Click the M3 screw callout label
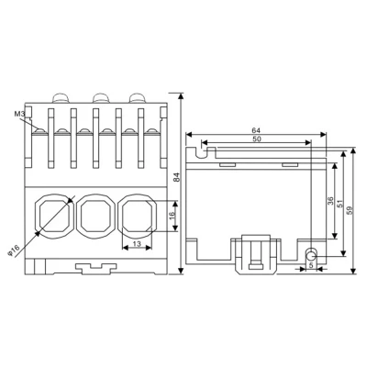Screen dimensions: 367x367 click(19, 115)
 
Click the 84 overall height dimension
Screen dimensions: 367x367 click(177, 178)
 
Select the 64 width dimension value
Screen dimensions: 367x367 click(256, 130)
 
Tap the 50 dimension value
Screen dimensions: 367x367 click(257, 139)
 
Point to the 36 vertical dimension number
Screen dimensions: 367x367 click(330, 201)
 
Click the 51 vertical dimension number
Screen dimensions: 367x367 click(340, 205)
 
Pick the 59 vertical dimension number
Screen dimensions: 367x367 click(350, 210)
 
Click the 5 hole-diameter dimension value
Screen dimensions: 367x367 click(311, 265)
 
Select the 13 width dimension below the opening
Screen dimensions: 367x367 click(138, 244)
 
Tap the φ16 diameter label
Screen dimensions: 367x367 click(13, 250)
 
